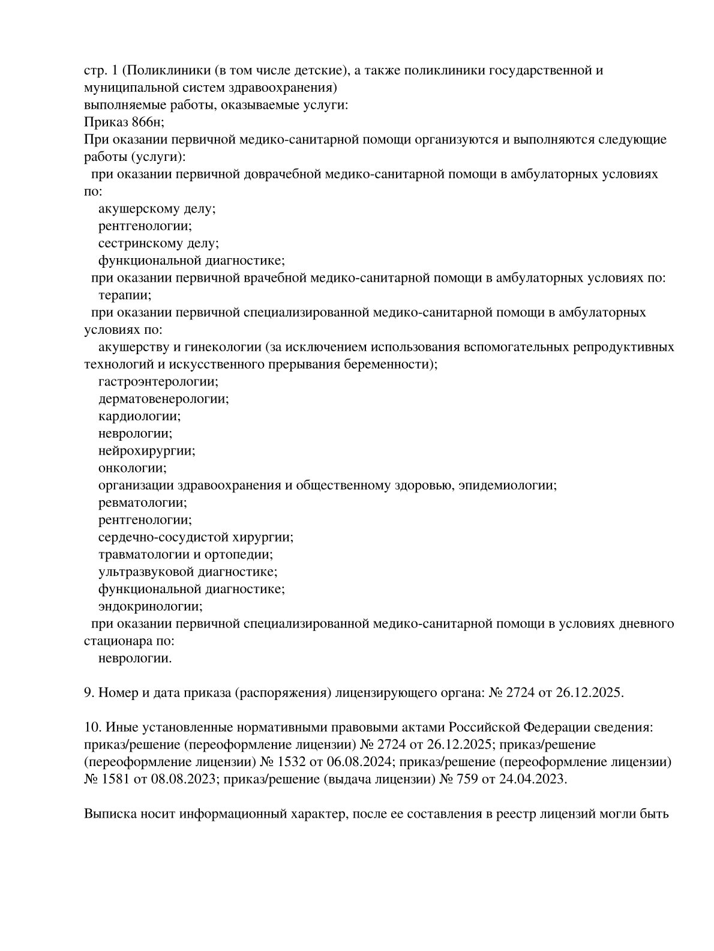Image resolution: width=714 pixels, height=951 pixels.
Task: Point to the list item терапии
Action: click(124, 295)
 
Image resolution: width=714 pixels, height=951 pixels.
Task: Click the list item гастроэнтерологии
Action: click(158, 381)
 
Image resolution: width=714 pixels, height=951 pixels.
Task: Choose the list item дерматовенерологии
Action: click(163, 399)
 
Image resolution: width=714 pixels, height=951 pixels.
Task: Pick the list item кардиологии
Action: click(139, 416)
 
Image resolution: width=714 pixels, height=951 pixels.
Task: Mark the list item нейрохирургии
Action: click(146, 450)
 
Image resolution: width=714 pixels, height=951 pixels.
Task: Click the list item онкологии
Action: click(132, 468)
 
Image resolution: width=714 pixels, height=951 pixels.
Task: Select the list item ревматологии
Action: click(142, 502)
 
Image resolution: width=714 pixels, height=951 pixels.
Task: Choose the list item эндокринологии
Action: click(150, 606)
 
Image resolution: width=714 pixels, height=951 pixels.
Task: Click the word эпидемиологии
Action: click(507, 485)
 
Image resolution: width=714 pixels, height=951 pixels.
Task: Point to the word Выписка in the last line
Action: click(109, 815)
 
